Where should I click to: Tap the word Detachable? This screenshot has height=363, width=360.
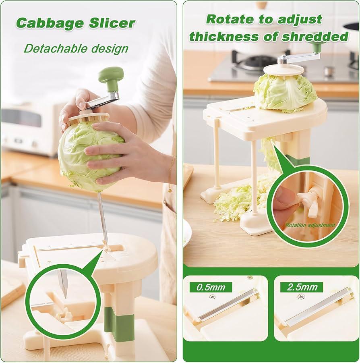55,48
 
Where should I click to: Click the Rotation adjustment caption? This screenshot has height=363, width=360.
310,225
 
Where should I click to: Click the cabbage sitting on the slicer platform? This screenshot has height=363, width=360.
286,93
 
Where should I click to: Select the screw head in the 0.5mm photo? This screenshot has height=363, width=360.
211,297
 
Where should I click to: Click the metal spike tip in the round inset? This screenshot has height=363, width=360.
66,298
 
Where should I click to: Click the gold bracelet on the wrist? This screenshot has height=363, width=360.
172,171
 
